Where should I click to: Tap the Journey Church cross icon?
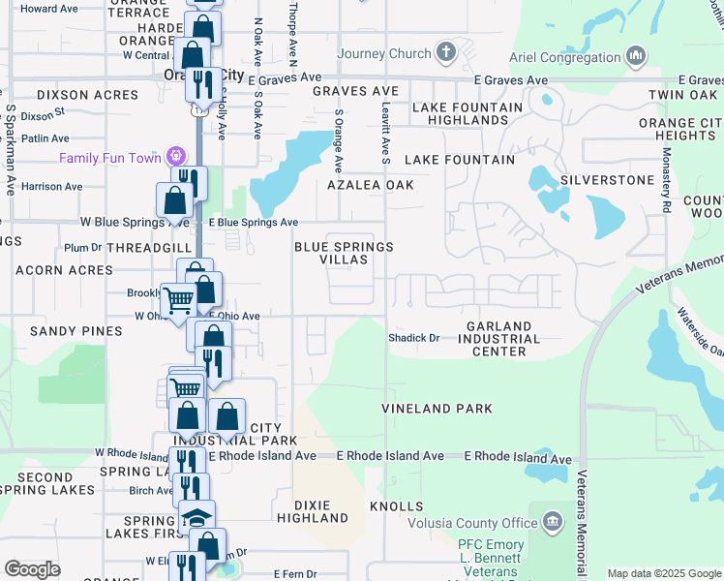445,51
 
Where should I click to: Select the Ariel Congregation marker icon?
636,56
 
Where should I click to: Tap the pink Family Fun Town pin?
175,156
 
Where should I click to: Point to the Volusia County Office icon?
553,523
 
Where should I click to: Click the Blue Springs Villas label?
344,253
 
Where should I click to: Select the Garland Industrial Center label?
498,339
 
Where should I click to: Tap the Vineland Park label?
437,410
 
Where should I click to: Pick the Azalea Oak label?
370,185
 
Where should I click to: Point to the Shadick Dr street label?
414,339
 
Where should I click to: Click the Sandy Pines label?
66,331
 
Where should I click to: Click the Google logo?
32,569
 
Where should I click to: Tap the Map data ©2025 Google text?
664,573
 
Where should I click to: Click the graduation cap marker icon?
197,515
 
